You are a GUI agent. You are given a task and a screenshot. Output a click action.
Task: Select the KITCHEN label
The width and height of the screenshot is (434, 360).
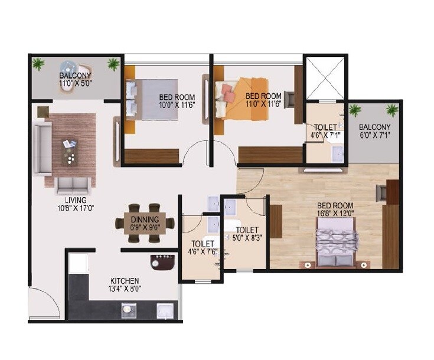click(x=125, y=280)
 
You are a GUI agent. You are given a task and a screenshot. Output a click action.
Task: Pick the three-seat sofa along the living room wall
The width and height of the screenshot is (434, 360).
click(x=43, y=149)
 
